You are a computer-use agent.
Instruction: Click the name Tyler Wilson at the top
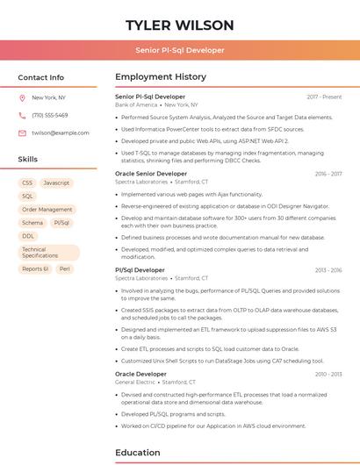[179, 25]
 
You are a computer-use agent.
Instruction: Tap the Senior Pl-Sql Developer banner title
[179, 50]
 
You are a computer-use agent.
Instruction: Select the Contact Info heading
[40, 77]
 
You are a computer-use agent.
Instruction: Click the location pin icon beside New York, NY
[22, 97]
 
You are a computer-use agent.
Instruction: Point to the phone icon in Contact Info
[22, 115]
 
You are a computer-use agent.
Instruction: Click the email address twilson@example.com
[61, 132]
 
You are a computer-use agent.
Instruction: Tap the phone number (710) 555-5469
[50, 115]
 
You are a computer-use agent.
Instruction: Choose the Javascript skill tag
[56, 182]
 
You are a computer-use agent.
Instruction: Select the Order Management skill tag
[47, 210]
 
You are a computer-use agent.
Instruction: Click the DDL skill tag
[28, 236]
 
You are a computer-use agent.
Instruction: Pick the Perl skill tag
[65, 268]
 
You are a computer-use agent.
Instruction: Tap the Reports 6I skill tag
[35, 268]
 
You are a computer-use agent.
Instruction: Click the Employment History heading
[161, 77]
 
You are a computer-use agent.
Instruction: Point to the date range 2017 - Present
[324, 97]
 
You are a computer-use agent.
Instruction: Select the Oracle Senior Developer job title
[151, 174]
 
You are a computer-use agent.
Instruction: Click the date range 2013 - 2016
[328, 270]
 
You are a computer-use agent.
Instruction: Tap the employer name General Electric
[134, 383]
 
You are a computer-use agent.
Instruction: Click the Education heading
[138, 453]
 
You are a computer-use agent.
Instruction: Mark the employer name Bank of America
[136, 104]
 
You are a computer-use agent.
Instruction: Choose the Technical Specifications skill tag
[40, 253]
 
